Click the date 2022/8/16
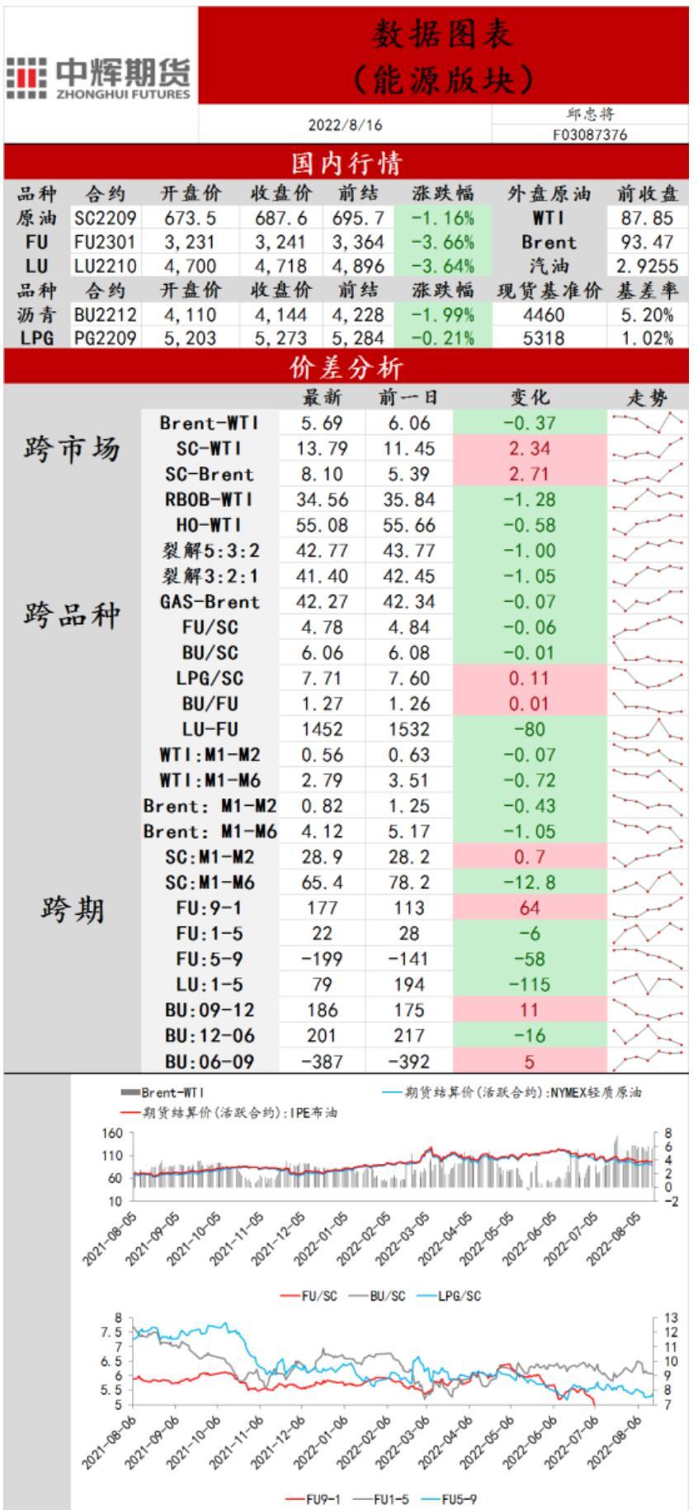click(345, 125)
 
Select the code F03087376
click(589, 135)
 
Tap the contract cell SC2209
click(105, 218)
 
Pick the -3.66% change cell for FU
click(443, 242)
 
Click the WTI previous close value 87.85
click(647, 218)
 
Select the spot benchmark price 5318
click(544, 338)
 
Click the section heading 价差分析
click(346, 367)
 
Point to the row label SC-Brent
click(210, 475)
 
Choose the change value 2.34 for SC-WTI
click(529, 449)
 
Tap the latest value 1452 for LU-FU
click(322, 730)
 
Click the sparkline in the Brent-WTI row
click(648, 423)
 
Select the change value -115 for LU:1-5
click(529, 985)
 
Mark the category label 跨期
click(73, 909)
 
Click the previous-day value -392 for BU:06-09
click(408, 1062)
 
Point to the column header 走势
click(648, 397)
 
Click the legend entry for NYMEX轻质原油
click(521, 1092)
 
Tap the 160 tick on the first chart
click(112, 1134)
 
